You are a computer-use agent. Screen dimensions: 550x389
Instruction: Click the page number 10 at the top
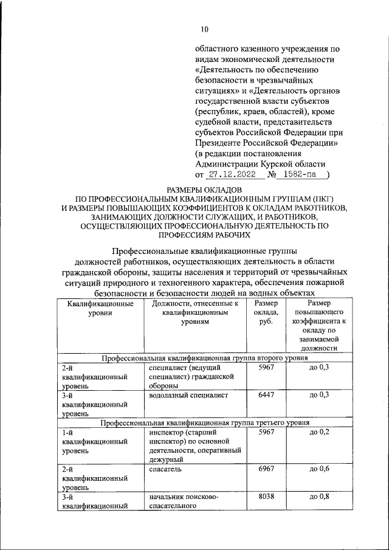[x=204, y=29]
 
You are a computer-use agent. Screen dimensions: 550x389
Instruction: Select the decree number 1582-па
[x=301, y=175]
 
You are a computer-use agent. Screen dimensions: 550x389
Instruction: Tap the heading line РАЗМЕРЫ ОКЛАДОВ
[x=204, y=191]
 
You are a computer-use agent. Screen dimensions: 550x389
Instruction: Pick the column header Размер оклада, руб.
[x=267, y=313]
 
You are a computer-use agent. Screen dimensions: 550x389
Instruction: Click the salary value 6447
[x=267, y=395]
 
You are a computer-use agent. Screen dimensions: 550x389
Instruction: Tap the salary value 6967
[x=267, y=470]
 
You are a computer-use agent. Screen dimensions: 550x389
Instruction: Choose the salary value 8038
[x=267, y=497]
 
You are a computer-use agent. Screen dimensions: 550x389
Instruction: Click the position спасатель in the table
[x=165, y=470]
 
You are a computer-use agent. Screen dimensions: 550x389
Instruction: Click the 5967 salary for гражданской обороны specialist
[x=267, y=368]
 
